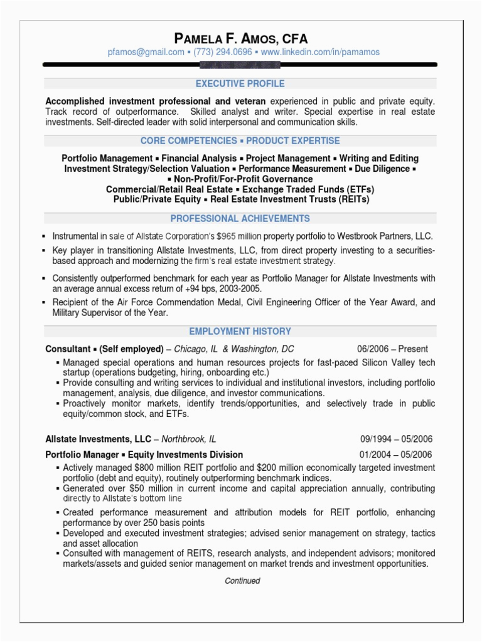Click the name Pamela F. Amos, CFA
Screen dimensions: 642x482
(240, 39)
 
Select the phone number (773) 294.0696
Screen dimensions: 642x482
(223, 53)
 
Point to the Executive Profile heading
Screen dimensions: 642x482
(240, 83)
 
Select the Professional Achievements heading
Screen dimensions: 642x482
(240, 219)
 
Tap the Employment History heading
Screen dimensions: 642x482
(240, 331)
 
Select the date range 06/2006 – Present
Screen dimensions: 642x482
(393, 349)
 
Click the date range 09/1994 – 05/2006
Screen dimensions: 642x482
(396, 439)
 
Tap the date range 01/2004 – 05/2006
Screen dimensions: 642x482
(396, 455)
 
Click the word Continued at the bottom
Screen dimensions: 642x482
(242, 581)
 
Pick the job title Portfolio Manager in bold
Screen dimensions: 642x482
(83, 455)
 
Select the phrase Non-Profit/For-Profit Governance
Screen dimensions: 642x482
(240, 179)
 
